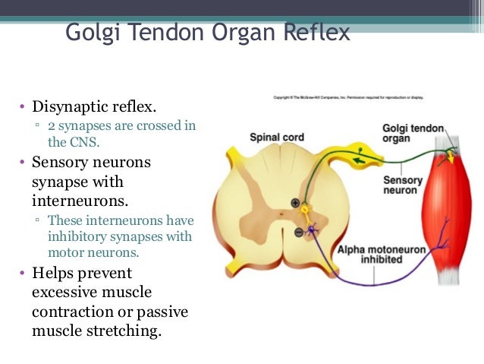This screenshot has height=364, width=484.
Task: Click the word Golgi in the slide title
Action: point(92,34)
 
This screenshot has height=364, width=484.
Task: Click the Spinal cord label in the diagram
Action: point(277,138)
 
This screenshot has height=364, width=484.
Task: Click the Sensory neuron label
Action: point(402,185)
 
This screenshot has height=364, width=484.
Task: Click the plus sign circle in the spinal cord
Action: point(295,202)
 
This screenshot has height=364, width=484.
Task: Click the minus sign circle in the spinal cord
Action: point(298,230)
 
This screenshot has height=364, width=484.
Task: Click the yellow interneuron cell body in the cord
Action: point(306,207)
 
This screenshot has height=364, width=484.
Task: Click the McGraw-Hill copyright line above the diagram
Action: point(348,98)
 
